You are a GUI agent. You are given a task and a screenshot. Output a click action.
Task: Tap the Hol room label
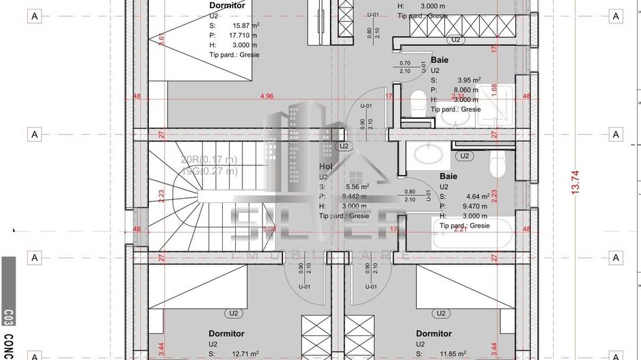[325, 167]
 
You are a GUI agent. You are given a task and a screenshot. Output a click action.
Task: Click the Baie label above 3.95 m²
[439, 60]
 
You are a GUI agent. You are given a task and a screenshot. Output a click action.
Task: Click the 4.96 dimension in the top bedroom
[267, 96]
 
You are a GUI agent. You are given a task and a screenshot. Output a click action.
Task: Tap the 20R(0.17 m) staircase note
[209, 160]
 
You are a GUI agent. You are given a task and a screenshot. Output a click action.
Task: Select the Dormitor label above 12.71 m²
[226, 333]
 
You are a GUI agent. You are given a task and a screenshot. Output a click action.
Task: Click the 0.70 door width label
[405, 63]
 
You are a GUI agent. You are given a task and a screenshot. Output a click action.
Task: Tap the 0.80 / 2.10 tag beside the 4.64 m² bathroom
[409, 195]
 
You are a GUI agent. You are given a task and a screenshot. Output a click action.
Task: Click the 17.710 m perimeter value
[244, 35]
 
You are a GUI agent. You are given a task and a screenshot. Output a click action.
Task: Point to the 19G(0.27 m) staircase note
[209, 171]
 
